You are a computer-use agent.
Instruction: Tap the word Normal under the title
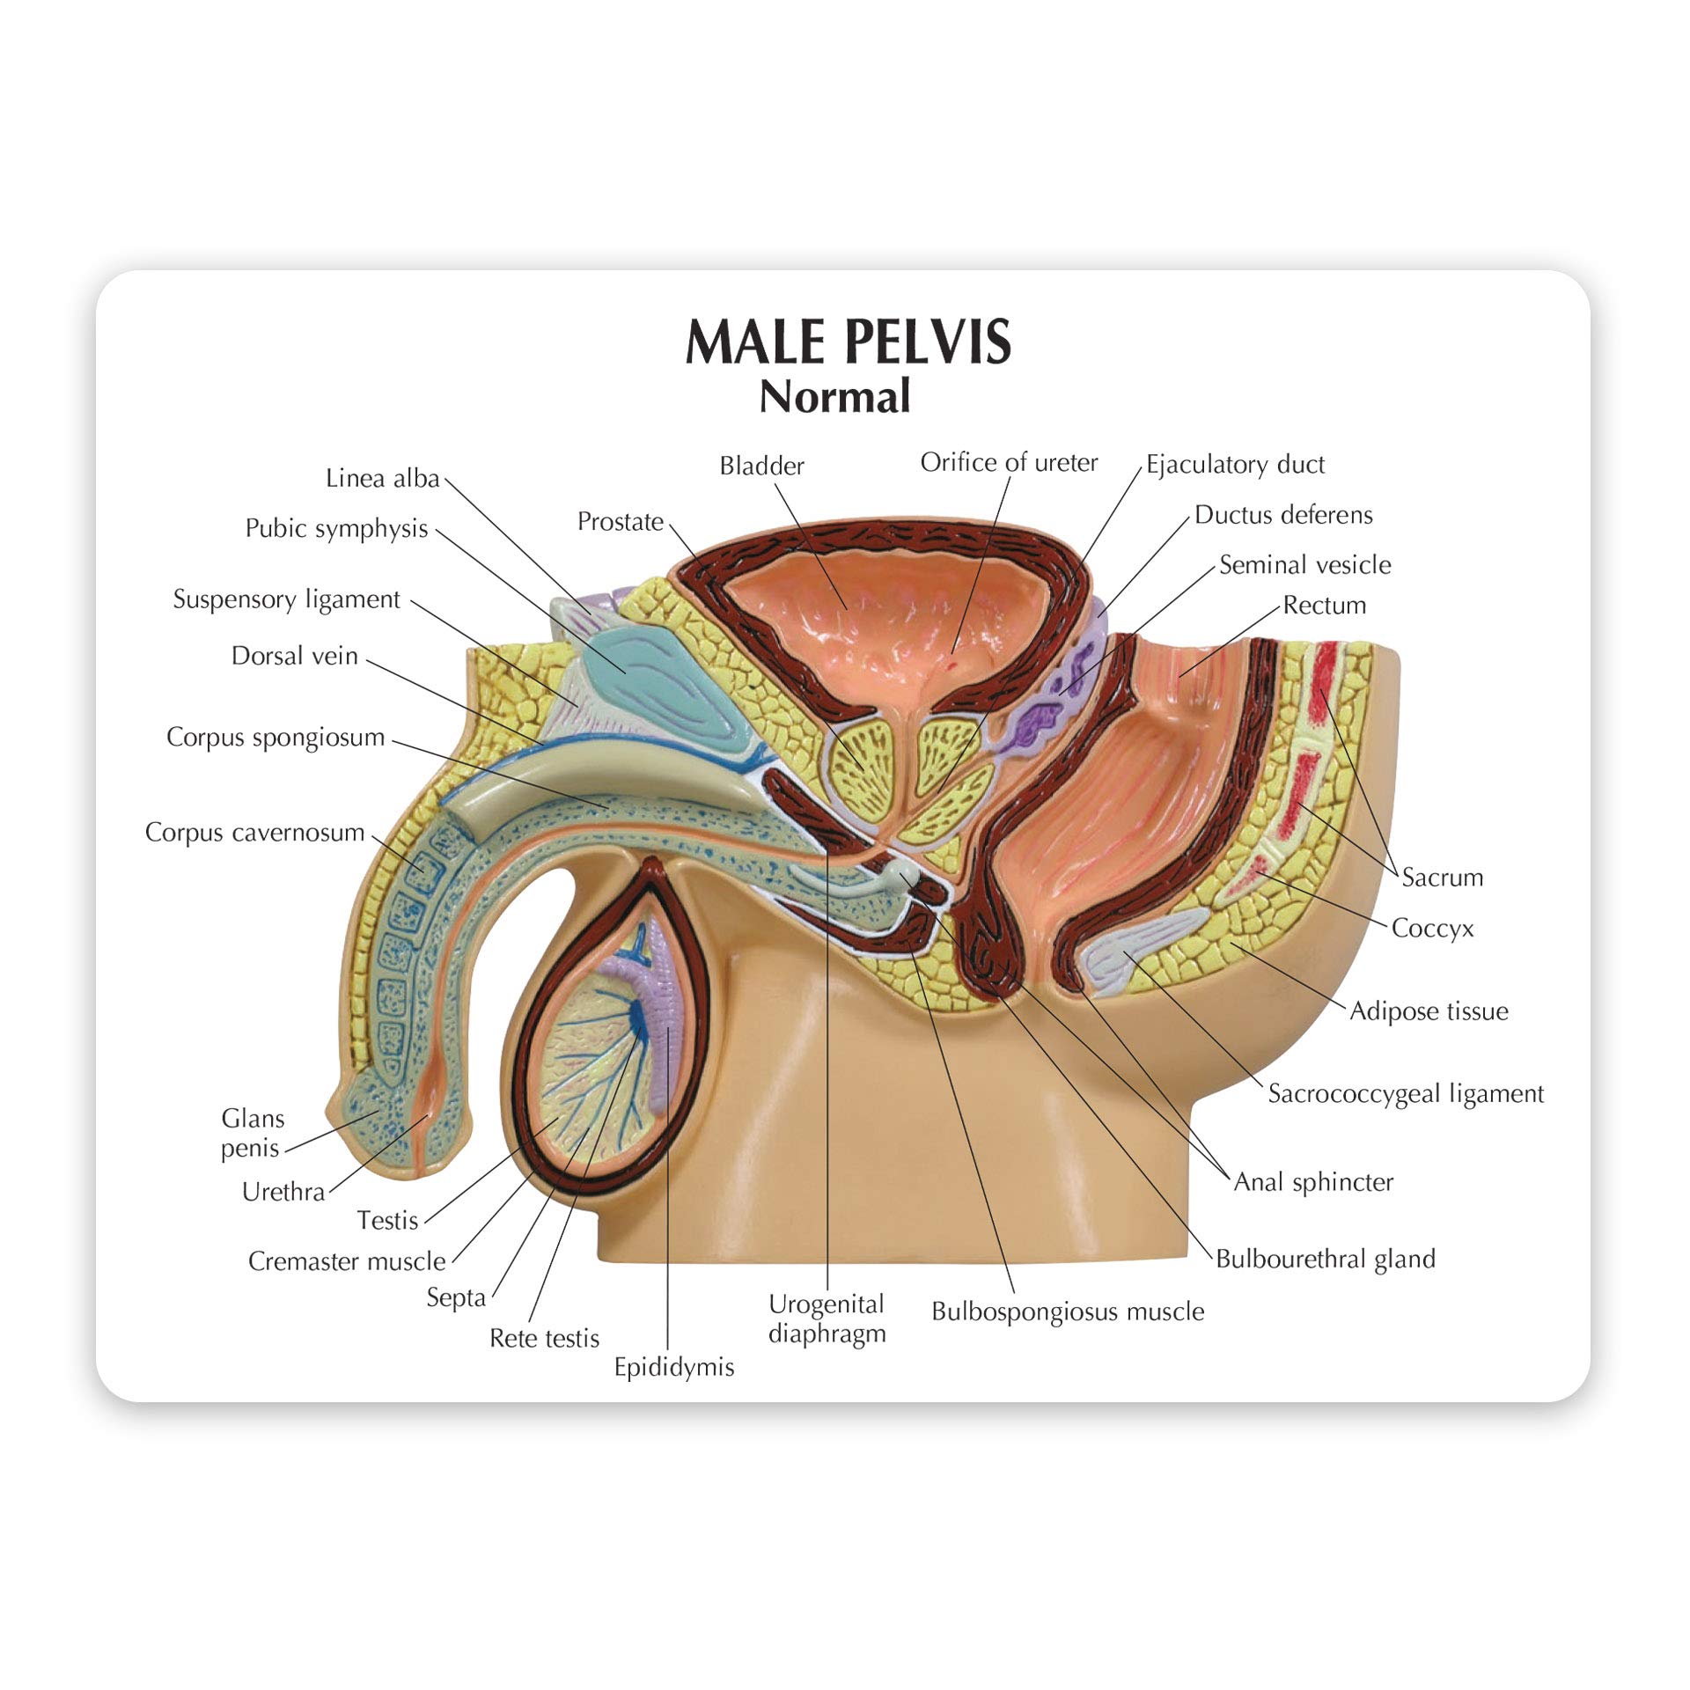834,397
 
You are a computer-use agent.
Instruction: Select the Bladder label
761,466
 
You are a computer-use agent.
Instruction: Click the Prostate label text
620,522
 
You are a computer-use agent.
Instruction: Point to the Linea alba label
382,478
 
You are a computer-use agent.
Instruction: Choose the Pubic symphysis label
336,528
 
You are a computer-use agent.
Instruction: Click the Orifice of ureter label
1009,463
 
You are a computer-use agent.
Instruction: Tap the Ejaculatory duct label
1235,465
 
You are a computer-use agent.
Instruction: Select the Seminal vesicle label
1304,565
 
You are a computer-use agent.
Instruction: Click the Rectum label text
1324,606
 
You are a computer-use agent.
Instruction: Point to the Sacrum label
1442,878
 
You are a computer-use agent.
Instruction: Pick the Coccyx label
1432,929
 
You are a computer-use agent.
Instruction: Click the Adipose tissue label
1429,1011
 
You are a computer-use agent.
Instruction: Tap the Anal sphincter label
1313,1182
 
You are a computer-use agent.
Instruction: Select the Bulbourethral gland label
1325,1260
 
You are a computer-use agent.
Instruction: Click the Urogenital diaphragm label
827,1319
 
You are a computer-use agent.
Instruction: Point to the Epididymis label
673,1367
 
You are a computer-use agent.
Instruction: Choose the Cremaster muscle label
347,1261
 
